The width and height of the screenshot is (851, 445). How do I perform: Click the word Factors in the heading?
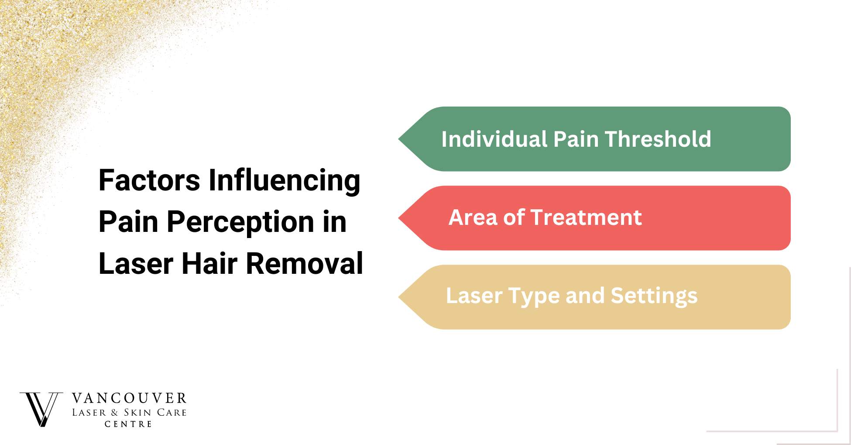(x=149, y=180)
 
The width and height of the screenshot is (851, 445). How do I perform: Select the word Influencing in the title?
(x=284, y=180)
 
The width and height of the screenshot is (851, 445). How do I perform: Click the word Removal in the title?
(x=304, y=263)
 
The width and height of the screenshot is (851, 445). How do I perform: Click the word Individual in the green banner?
(x=494, y=139)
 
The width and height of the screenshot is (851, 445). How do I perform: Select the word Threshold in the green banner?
(x=658, y=139)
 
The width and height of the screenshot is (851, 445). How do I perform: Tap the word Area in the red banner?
(x=473, y=217)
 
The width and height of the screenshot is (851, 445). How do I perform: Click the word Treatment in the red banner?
(x=586, y=217)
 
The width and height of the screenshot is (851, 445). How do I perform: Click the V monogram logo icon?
(x=41, y=409)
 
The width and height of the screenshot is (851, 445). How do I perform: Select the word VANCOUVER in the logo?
(x=129, y=398)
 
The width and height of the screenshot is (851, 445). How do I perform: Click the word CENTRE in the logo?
(x=128, y=424)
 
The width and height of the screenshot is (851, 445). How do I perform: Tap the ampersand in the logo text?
(x=115, y=413)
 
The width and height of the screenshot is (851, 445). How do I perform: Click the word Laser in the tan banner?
(x=474, y=296)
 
